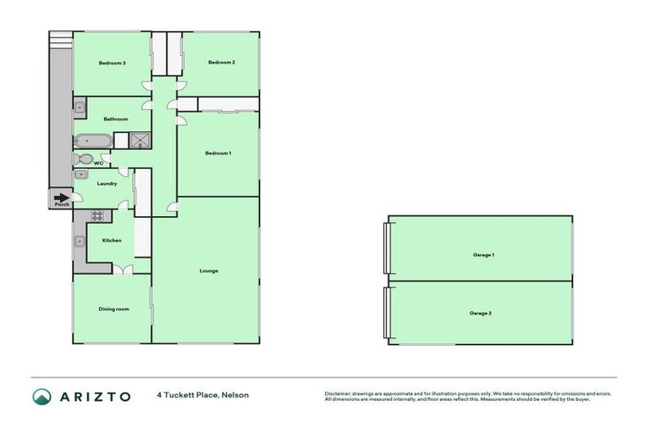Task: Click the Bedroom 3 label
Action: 112,63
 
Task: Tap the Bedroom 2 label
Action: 221,63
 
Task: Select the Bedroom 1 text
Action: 218,153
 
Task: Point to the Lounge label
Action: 209,271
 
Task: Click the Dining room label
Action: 113,309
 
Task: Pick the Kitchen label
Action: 112,241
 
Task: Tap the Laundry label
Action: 107,183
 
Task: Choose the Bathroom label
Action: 115,120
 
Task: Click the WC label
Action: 98,162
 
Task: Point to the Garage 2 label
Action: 480,314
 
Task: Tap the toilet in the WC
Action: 83,159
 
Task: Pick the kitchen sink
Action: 80,241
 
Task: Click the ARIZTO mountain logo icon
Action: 41,396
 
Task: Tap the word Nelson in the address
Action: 236,395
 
